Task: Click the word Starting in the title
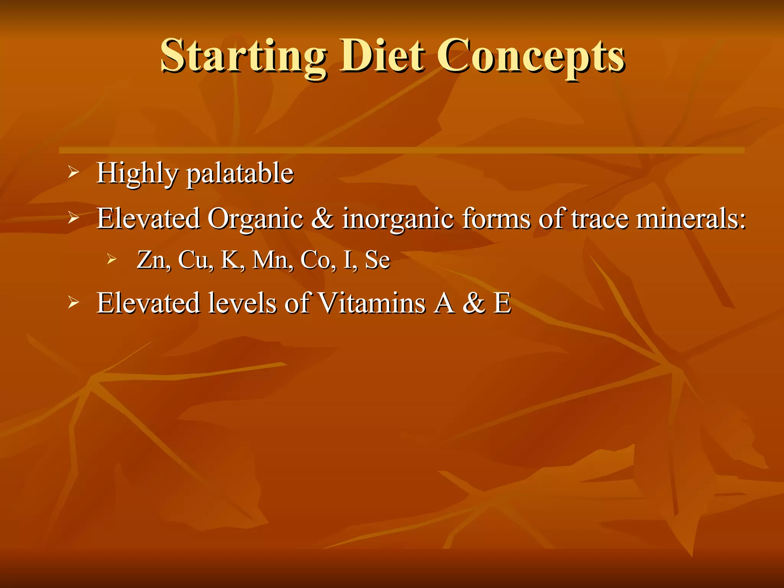(243, 57)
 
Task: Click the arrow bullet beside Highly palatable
(73, 173)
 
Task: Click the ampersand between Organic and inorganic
(322, 218)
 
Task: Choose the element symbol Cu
(194, 260)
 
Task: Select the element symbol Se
(377, 260)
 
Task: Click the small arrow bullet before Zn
(111, 260)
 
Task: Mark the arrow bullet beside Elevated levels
(73, 303)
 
